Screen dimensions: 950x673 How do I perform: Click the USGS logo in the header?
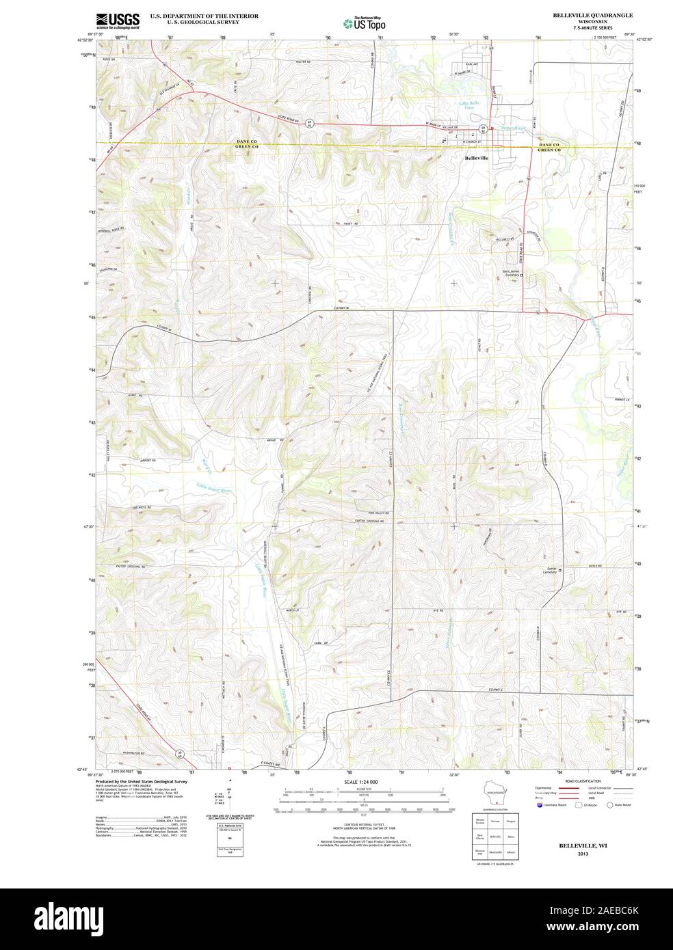pyautogui.click(x=118, y=20)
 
